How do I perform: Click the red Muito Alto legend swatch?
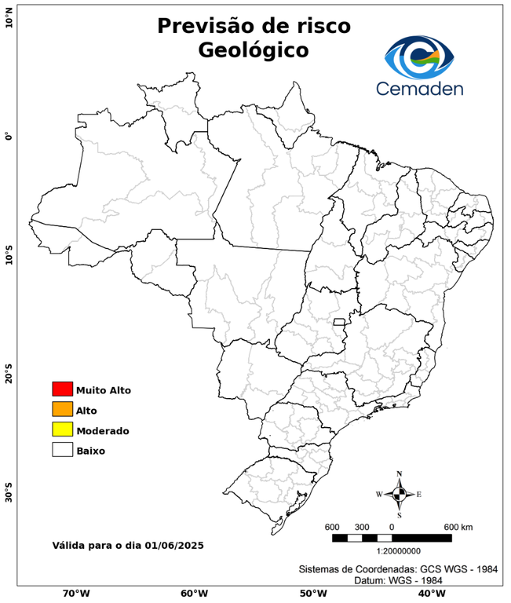(x=62, y=389)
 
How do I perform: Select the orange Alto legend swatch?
(x=62, y=410)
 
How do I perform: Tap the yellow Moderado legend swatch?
(x=62, y=430)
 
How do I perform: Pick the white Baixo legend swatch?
(x=62, y=451)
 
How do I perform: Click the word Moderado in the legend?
(x=102, y=431)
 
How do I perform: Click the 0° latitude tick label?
(x=9, y=136)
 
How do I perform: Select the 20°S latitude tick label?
(x=9, y=374)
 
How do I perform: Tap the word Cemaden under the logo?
(x=419, y=89)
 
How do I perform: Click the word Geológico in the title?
(x=254, y=49)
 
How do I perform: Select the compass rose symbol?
(x=399, y=494)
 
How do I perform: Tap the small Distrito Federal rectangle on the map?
(x=340, y=322)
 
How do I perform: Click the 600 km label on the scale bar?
(x=458, y=526)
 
